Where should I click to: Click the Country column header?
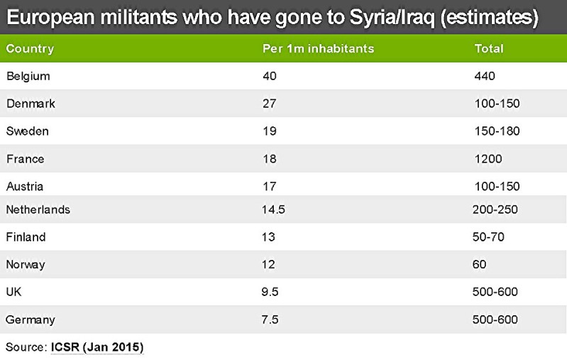click(x=30, y=49)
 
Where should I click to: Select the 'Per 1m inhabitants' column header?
click(x=318, y=49)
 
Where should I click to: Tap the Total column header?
click(x=488, y=49)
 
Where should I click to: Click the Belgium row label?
click(x=28, y=76)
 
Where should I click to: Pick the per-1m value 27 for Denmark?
click(x=269, y=104)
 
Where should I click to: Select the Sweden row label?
click(x=28, y=131)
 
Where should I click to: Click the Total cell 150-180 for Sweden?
click(x=497, y=131)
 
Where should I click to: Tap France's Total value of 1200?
click(x=488, y=159)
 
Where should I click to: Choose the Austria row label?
click(x=25, y=187)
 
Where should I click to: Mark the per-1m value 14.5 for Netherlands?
click(x=273, y=210)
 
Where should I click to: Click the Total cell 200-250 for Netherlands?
click(x=495, y=210)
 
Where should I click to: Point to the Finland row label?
click(x=26, y=237)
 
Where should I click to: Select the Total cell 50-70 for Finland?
click(x=488, y=237)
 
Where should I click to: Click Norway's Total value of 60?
click(x=479, y=265)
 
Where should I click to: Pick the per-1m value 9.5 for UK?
click(x=270, y=293)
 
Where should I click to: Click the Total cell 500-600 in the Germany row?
click(x=495, y=320)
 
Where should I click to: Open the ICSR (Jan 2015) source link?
click(x=97, y=347)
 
